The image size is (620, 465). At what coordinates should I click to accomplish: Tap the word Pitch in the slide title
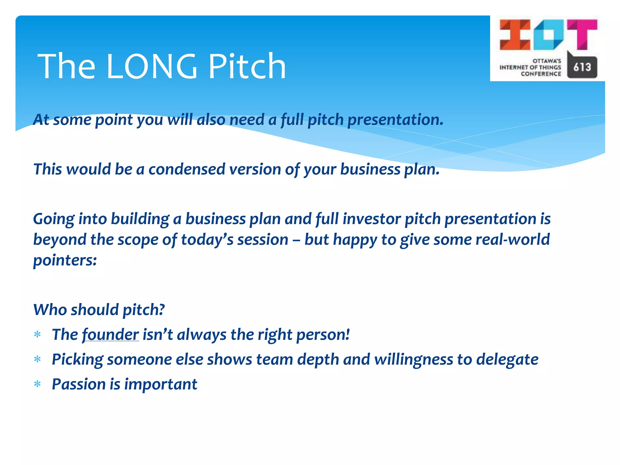coord(247,66)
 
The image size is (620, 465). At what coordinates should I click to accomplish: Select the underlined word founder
coord(110,335)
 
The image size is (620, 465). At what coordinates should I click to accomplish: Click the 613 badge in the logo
coord(582,67)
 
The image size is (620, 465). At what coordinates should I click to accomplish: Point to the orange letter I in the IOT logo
coord(515,35)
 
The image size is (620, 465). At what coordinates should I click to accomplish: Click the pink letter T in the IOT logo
coord(582,34)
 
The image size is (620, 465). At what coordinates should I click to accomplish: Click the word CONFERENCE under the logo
coord(541,74)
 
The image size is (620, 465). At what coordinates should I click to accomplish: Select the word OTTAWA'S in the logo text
coord(547,61)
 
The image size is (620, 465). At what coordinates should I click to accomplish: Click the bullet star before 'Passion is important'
coord(38,384)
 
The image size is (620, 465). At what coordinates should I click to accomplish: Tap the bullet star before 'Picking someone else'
coord(38,360)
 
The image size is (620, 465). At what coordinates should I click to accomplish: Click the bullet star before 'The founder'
coord(38,335)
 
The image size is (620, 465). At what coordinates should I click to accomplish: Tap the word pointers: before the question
coord(65,260)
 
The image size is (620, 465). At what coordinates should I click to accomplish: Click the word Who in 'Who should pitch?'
coord(50,310)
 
